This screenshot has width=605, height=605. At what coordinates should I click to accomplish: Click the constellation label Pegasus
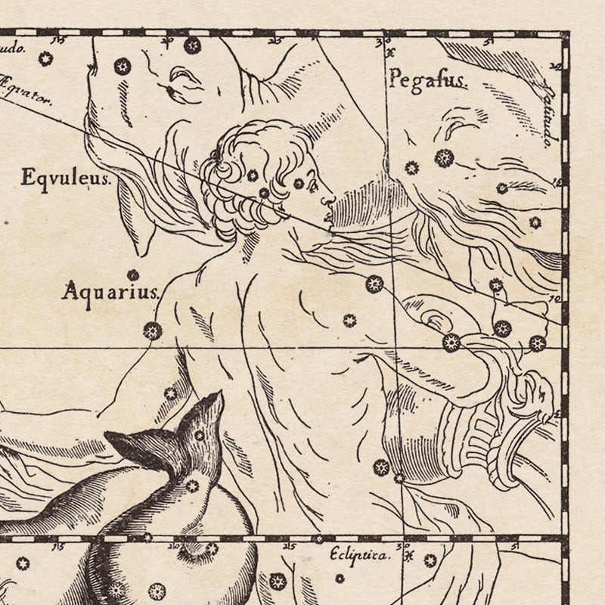[428, 79]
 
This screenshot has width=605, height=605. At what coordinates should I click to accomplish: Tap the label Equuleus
[66, 179]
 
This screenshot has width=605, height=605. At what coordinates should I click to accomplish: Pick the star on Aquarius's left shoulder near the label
[153, 330]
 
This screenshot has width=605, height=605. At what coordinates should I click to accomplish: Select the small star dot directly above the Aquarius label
[133, 275]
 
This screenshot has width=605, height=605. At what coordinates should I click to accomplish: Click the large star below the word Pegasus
[444, 158]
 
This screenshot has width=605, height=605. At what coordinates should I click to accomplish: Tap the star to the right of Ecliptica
[430, 560]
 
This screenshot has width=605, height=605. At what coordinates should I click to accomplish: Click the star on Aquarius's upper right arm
[374, 284]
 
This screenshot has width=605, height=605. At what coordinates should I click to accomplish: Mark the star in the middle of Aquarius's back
[349, 320]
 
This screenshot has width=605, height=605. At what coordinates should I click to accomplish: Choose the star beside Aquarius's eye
[299, 183]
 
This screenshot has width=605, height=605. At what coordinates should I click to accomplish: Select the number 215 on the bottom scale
[287, 545]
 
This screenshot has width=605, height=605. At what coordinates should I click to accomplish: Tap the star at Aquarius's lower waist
[382, 467]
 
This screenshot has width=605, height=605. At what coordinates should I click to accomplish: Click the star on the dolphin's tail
[199, 435]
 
